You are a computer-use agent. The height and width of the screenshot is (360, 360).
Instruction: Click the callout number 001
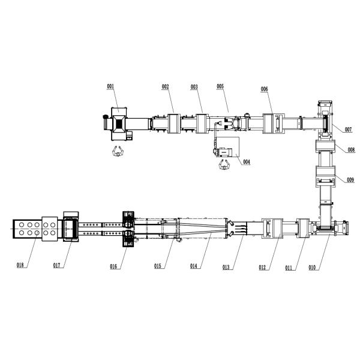(x=110, y=86)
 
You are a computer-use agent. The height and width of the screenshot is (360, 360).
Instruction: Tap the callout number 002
(x=166, y=86)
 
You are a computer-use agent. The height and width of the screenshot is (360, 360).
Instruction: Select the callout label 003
(x=194, y=87)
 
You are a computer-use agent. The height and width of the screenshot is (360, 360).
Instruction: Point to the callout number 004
(x=247, y=162)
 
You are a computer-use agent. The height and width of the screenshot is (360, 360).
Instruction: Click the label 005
(x=220, y=86)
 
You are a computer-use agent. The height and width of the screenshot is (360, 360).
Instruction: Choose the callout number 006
(x=264, y=89)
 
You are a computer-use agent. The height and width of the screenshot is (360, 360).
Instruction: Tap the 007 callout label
(x=348, y=130)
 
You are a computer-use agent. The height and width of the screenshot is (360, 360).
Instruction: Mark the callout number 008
(x=351, y=150)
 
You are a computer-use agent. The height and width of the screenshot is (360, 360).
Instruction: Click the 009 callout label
(x=350, y=180)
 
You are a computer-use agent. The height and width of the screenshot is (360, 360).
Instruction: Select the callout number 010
(x=312, y=268)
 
